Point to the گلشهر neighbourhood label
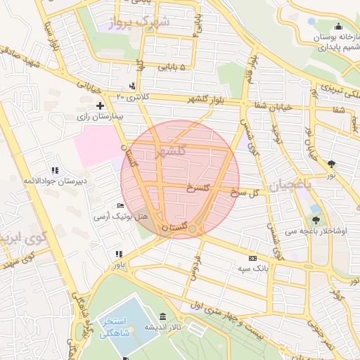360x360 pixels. [x=172, y=150]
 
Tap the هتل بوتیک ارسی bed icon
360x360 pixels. [x=120, y=206]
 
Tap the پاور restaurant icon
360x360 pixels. [x=119, y=254]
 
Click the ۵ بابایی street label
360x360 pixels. [x=172, y=67]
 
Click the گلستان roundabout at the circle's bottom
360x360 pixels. [x=193, y=228]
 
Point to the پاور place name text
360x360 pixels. [x=119, y=266]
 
